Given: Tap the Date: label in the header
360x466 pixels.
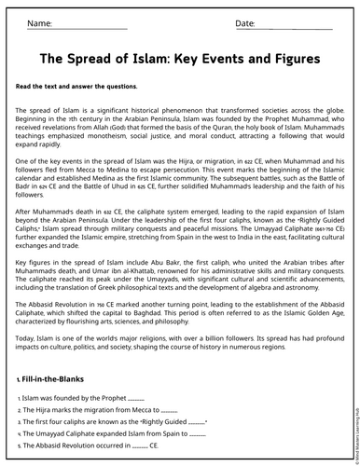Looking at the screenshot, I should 245,23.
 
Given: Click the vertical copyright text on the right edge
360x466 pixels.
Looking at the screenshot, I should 353,410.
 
